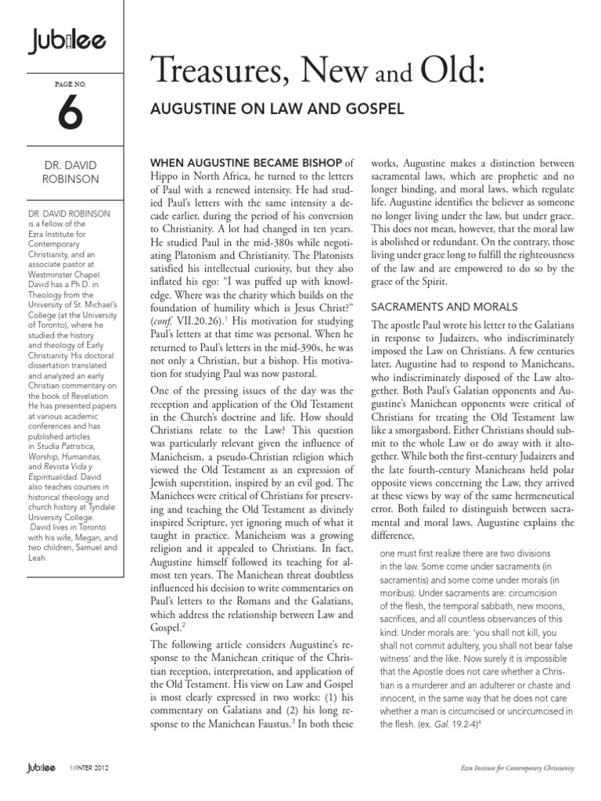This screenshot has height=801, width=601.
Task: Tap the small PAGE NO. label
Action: (x=59, y=81)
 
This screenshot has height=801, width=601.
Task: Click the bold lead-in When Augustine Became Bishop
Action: (x=245, y=163)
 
